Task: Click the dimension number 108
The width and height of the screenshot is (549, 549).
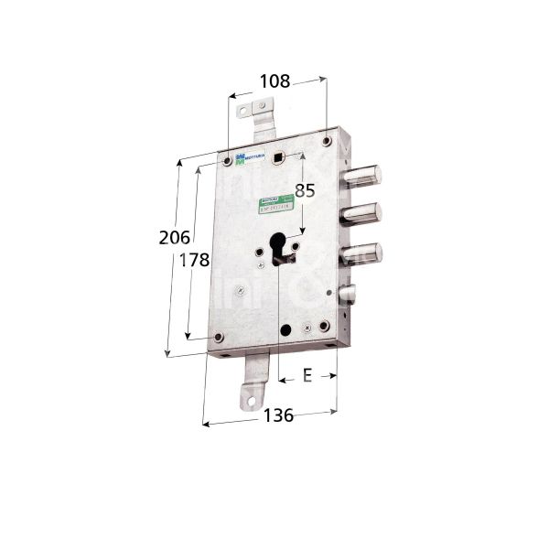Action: [x=274, y=81]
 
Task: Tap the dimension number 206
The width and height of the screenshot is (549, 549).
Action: [x=173, y=238]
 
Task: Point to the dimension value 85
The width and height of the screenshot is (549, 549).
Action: [x=306, y=192]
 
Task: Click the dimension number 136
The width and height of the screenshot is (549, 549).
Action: [x=277, y=415]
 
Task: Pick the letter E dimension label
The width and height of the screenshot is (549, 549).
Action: [x=307, y=375]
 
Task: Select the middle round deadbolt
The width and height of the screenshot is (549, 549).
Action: [x=365, y=212]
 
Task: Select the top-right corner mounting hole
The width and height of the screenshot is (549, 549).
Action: [x=327, y=140]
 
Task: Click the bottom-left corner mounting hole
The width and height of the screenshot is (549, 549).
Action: [x=218, y=339]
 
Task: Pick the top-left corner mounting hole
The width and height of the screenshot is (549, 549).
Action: [x=226, y=163]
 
